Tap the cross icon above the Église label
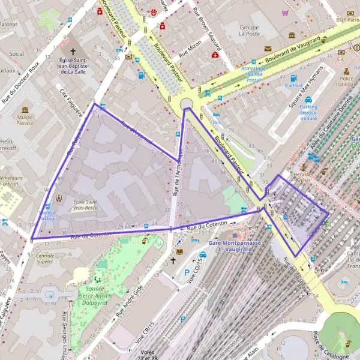pos(73,52)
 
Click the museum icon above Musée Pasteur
pos(25,109)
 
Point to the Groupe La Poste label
pos(249,31)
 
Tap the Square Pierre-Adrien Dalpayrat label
pos(96,292)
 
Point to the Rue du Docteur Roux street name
pos(22,81)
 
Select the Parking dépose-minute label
pos(308,113)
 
